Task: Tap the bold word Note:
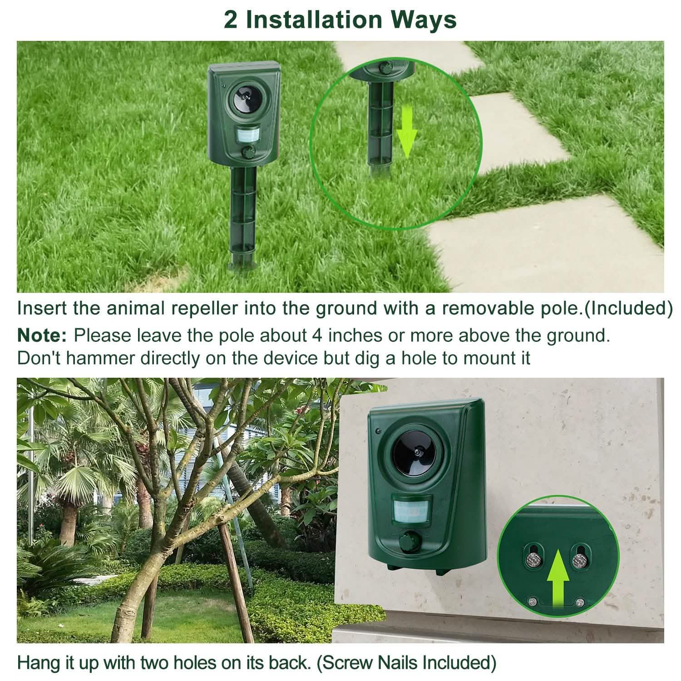(42, 336)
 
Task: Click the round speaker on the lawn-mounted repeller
(246, 99)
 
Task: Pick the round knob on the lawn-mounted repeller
(248, 152)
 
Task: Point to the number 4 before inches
(316, 336)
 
